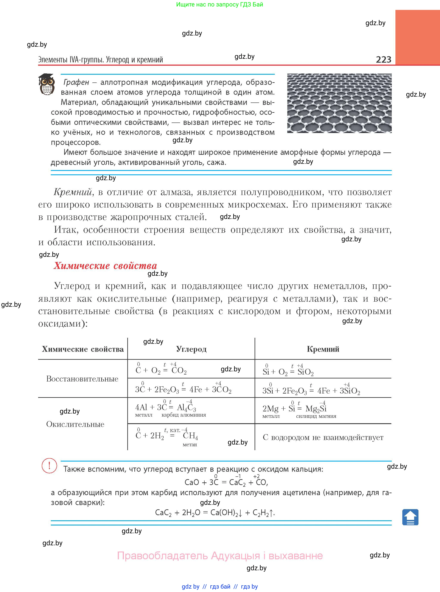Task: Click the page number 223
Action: [x=383, y=59]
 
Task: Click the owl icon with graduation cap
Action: [x=47, y=84]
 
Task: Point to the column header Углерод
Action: [x=191, y=349]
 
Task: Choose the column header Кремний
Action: [x=323, y=349]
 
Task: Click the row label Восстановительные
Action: [x=82, y=379]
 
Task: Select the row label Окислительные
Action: [x=75, y=424]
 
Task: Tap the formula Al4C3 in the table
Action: [x=187, y=408]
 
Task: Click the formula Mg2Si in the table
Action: [x=316, y=409]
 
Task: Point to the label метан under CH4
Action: [x=190, y=445]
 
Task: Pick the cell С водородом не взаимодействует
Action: [x=323, y=437]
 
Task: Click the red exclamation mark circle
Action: [x=49, y=466]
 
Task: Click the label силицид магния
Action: [x=316, y=416]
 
